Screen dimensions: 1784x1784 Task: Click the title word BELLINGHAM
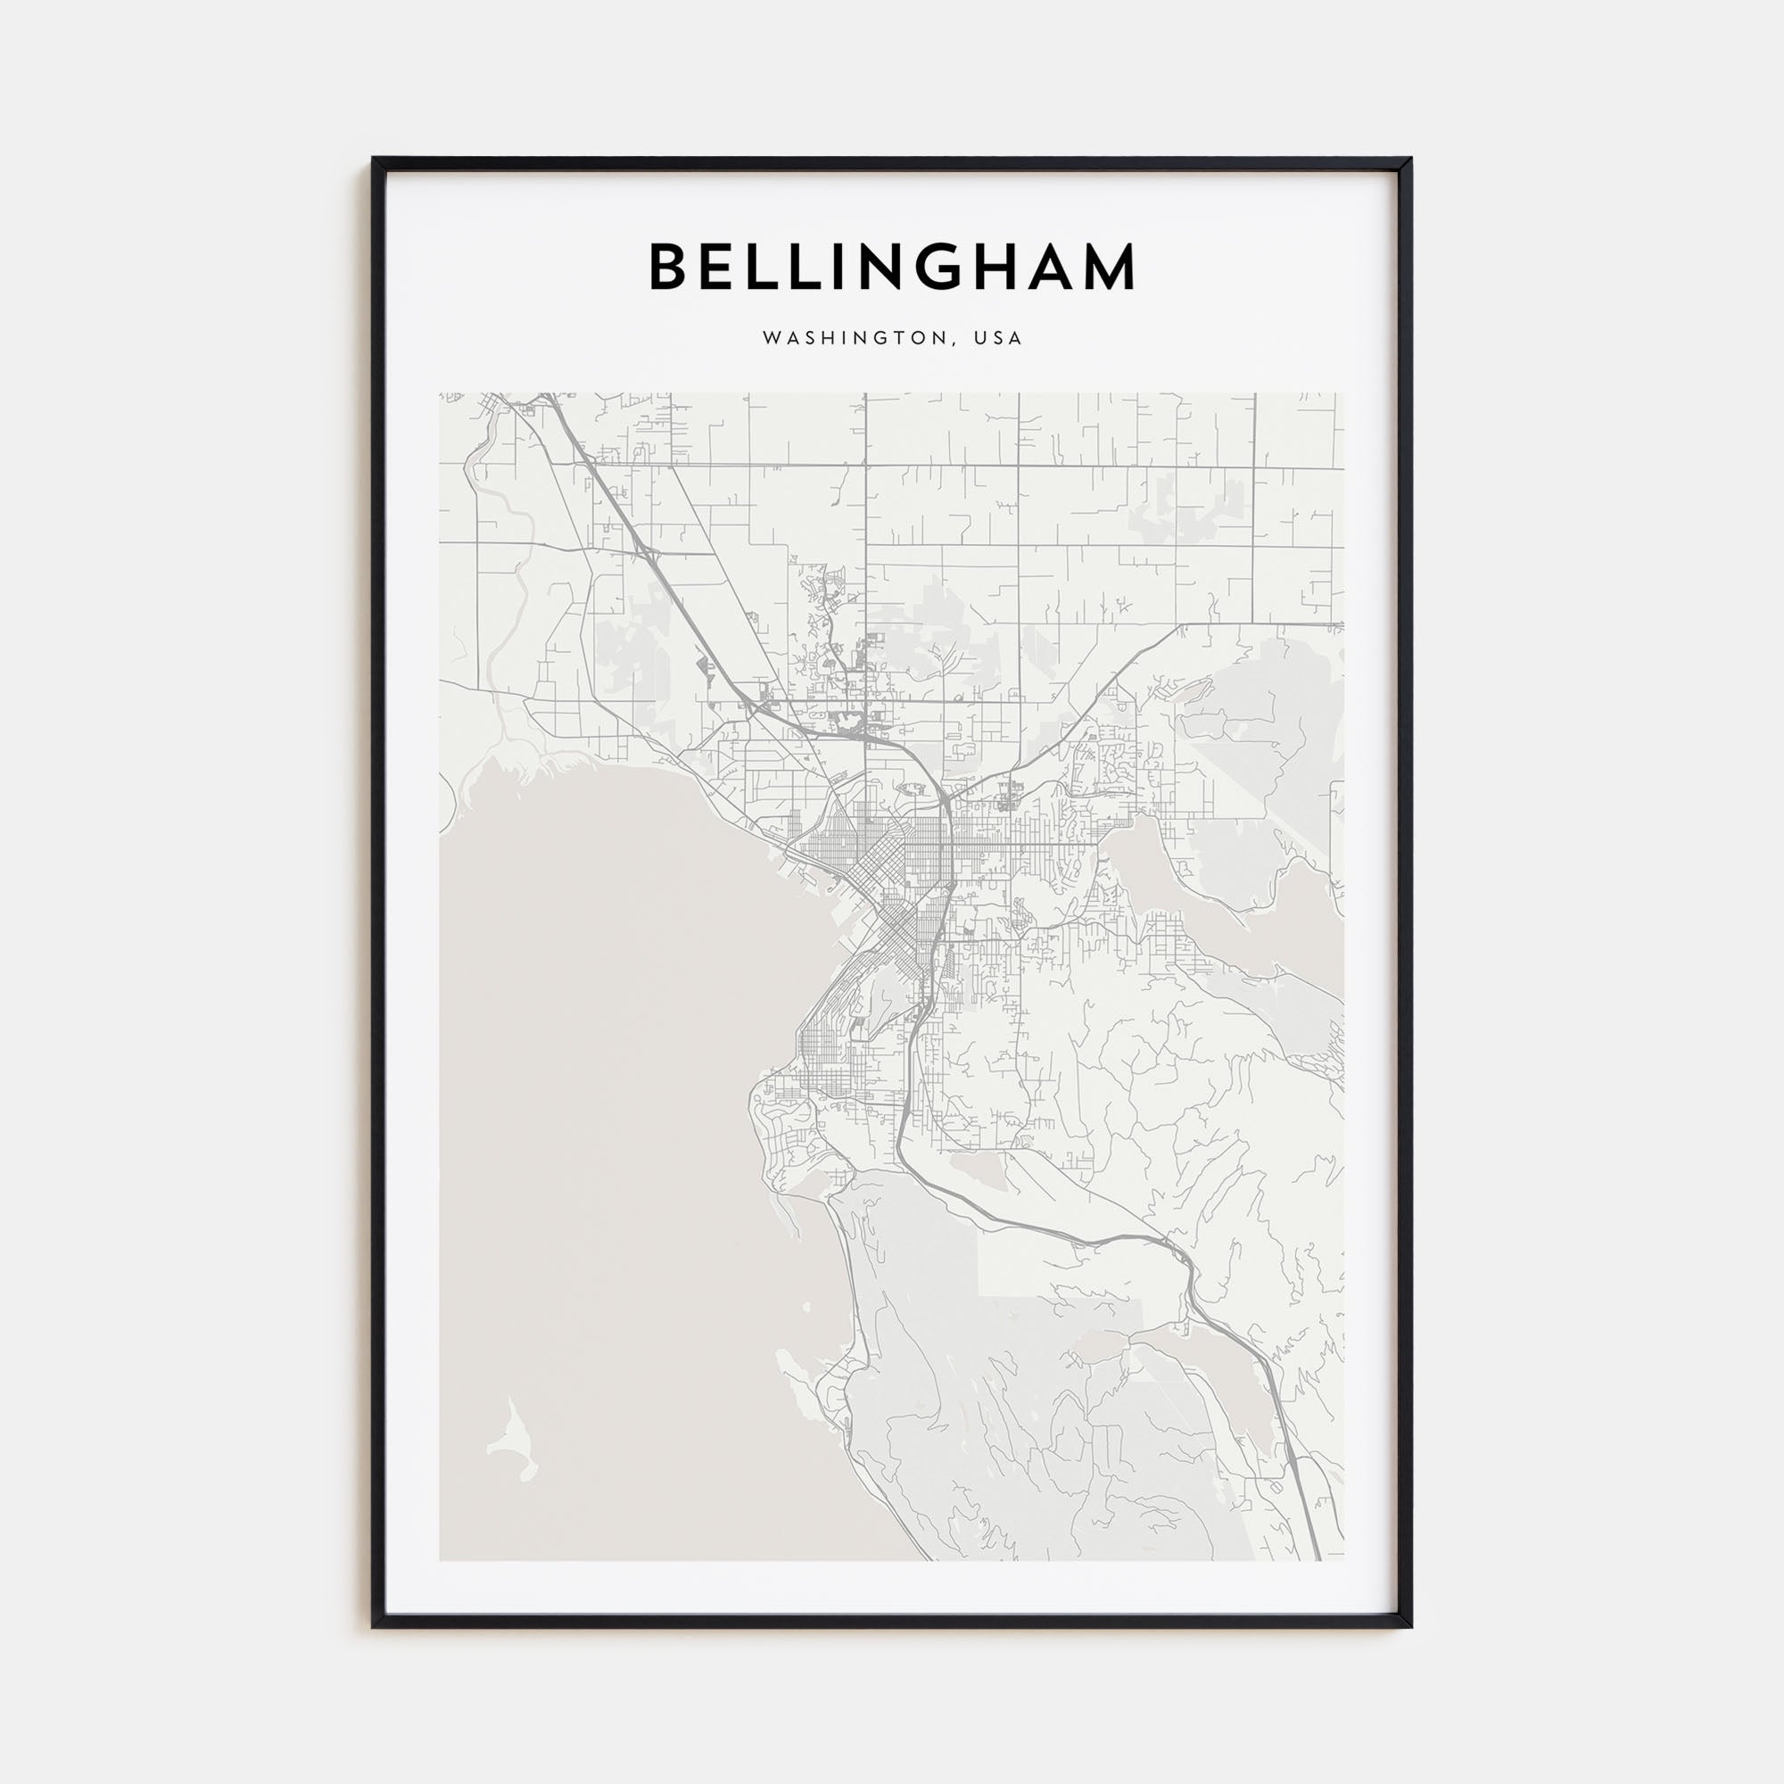click(x=892, y=267)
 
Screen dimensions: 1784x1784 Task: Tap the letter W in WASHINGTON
click(x=769, y=338)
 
